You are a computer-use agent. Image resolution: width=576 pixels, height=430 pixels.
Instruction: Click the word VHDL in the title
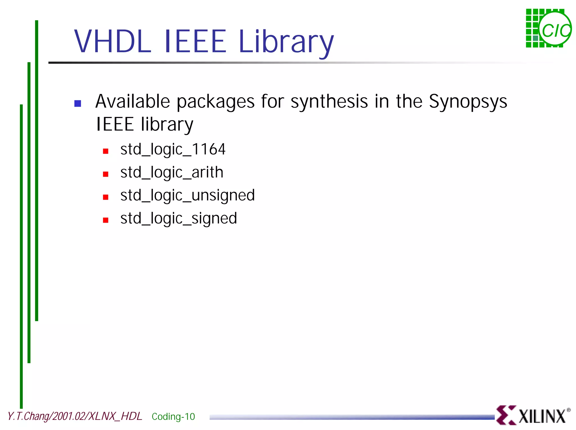[x=112, y=42]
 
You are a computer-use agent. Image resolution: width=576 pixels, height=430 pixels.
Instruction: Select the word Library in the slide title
[x=286, y=42]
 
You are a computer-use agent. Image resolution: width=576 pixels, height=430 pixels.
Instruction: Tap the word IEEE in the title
[x=195, y=42]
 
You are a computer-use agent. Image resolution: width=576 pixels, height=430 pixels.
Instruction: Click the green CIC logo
[x=548, y=28]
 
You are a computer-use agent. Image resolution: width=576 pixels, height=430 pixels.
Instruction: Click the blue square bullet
[x=78, y=103]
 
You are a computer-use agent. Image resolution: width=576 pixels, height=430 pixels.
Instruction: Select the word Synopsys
[x=468, y=102]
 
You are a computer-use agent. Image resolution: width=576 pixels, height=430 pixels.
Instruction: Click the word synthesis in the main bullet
[x=329, y=101]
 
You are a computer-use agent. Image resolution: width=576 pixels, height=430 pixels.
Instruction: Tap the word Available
[x=133, y=101]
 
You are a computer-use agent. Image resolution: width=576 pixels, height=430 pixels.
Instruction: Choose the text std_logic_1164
[x=173, y=150]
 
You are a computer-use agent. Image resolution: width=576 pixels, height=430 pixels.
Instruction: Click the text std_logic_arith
[x=172, y=173]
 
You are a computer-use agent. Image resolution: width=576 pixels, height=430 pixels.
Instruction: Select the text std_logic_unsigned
[x=187, y=196]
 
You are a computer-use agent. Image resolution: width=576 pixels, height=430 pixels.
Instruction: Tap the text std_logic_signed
[x=179, y=219]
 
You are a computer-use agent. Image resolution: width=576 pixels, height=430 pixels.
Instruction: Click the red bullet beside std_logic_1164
[x=106, y=151]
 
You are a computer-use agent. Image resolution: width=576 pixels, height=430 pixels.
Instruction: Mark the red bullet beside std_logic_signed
[x=106, y=220]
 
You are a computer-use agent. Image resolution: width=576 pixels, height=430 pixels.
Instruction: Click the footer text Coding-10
[x=173, y=417]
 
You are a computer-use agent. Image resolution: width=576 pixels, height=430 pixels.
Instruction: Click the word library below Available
[x=167, y=125]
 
